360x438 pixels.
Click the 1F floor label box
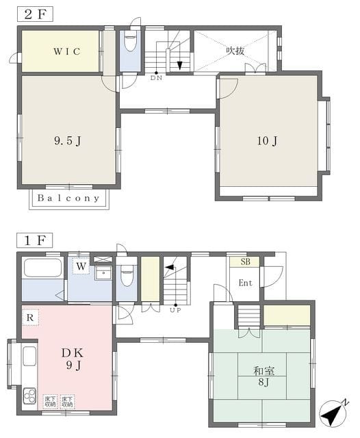pyautogui.click(x=33, y=240)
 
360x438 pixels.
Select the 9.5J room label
pyautogui.click(x=68, y=142)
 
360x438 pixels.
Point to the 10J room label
pyautogui.click(x=268, y=142)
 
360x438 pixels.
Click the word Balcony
pyautogui.click(x=68, y=198)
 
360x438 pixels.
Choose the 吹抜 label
pyautogui.click(x=236, y=49)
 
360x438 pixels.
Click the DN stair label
pyautogui.click(x=157, y=78)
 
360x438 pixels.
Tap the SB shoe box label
pyautogui.click(x=245, y=262)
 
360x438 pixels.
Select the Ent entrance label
pyautogui.click(x=245, y=283)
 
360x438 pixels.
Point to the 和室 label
pyautogui.click(x=263, y=372)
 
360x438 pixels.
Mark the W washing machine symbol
pyautogui.click(x=81, y=266)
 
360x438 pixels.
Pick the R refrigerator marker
pyautogui.click(x=30, y=318)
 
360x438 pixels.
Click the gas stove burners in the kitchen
pyautogui.click(x=30, y=396)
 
